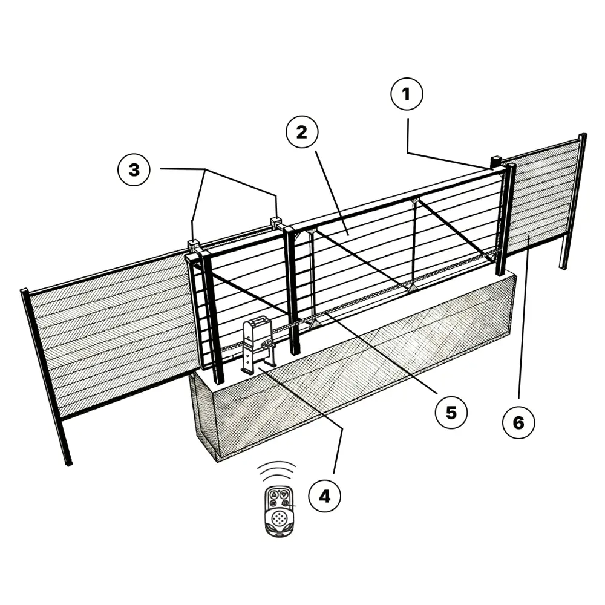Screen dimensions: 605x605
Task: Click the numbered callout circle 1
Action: [407, 94]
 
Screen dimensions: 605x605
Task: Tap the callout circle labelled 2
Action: [302, 132]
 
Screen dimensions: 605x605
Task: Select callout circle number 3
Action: [134, 169]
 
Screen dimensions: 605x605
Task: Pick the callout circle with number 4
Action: [324, 496]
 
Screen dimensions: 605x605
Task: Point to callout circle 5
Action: [451, 413]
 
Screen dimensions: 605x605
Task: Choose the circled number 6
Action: [518, 422]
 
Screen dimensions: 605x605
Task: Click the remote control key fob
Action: [280, 511]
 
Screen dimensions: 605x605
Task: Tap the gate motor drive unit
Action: [257, 345]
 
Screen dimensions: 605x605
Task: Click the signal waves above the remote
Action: [276, 471]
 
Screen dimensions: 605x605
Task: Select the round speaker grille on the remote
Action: [280, 518]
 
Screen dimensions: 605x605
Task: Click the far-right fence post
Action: [574, 201]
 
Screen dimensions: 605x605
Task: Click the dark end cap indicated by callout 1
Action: [496, 162]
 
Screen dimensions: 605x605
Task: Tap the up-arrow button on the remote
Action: [274, 494]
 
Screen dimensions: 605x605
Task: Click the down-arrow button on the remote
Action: [284, 494]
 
